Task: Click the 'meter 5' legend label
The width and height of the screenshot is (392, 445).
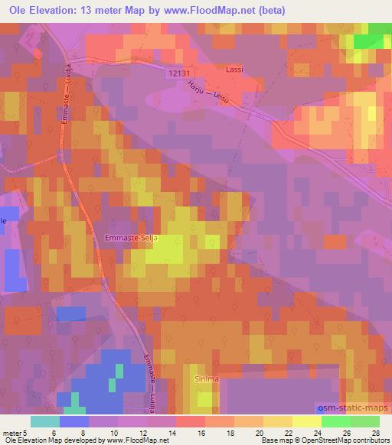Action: click(14, 432)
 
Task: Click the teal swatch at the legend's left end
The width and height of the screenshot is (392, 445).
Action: click(45, 421)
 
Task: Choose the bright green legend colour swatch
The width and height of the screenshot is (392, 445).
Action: click(335, 421)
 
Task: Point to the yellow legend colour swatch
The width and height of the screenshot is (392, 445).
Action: click(306, 421)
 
